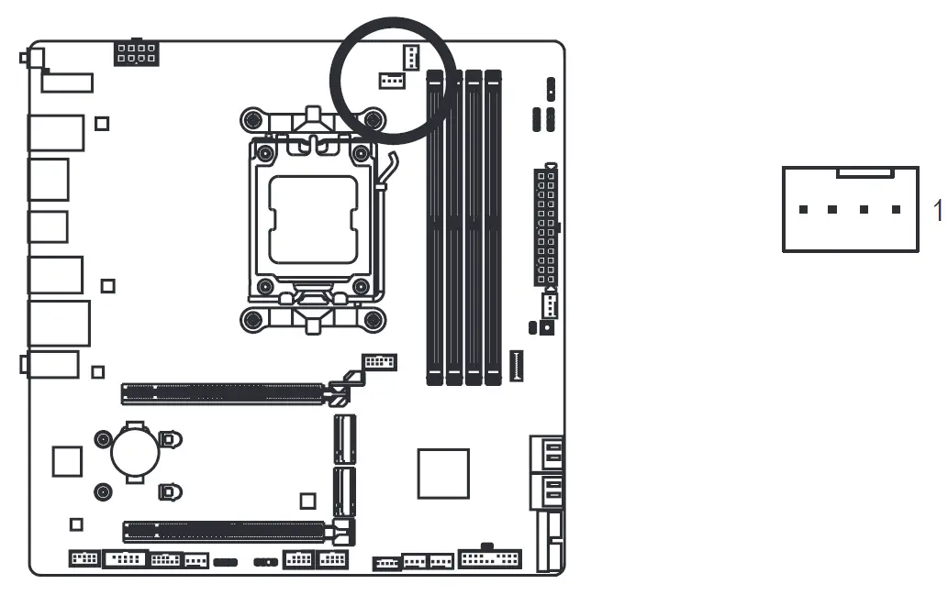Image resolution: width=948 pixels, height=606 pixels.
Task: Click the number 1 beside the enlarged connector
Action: (937, 210)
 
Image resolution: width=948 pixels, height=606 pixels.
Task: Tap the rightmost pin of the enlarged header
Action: (896, 210)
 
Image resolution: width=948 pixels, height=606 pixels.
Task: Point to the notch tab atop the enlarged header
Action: (865, 171)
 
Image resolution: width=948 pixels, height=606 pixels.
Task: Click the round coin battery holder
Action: (136, 450)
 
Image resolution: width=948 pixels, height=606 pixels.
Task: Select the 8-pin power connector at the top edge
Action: (136, 53)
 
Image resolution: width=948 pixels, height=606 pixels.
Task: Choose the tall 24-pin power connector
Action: (545, 226)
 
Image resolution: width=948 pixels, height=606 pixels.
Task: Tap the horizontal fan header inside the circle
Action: (392, 82)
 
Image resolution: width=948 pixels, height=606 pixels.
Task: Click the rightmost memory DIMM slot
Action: (494, 226)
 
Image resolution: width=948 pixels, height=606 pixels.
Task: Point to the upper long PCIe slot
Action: (224, 394)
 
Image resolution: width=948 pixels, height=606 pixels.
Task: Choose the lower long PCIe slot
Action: (224, 530)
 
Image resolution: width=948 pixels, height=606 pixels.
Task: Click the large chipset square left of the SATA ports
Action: (443, 473)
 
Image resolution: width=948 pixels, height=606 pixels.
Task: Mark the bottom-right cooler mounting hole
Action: (373, 320)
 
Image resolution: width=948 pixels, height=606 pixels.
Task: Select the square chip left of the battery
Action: (67, 460)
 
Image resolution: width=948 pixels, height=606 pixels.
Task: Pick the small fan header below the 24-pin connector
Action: (549, 303)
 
